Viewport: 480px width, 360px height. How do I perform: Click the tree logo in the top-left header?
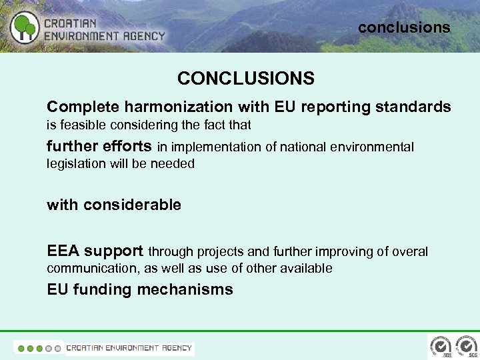click(25, 27)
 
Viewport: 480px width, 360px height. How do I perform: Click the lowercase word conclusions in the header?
click(404, 27)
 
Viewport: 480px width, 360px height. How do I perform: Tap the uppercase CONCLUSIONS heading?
click(245, 79)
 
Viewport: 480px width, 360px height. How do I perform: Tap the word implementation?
click(217, 147)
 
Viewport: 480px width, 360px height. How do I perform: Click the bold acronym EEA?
click(63, 251)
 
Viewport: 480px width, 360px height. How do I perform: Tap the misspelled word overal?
click(409, 252)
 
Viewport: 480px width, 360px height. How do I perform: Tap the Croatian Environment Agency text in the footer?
click(129, 347)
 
